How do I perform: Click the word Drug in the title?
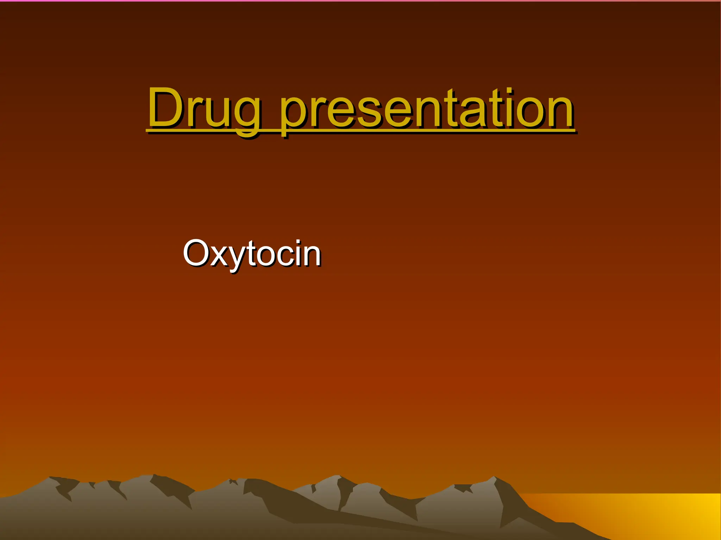[x=204, y=109]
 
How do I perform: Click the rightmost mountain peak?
[x=494, y=478]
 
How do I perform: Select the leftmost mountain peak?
[x=51, y=478]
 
